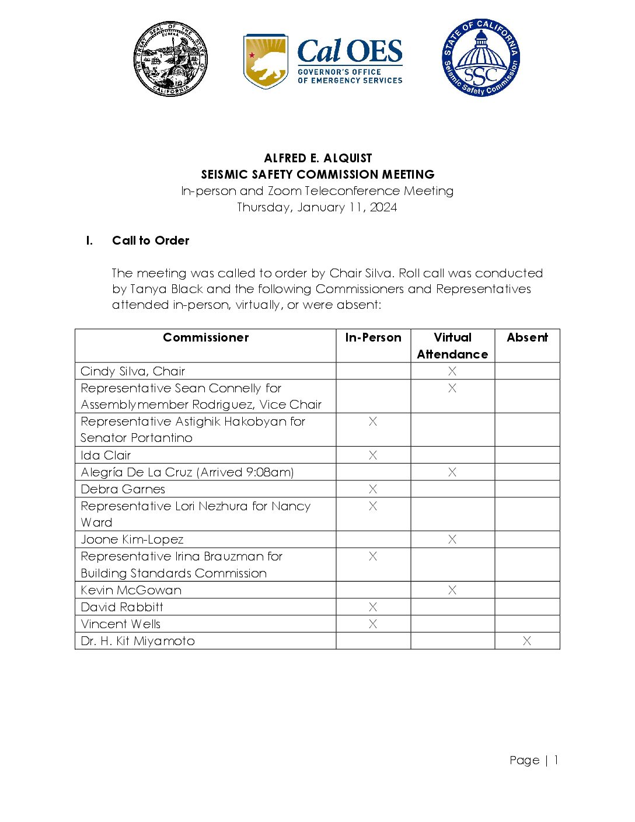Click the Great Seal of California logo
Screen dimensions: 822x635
coord(170,60)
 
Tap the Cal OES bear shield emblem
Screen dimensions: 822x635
coord(266,61)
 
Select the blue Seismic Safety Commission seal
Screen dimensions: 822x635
coord(480,58)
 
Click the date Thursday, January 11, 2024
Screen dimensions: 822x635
coord(317,207)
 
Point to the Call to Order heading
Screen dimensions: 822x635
coord(151,241)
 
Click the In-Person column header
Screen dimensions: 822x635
coord(373,337)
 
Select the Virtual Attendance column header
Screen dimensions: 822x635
coord(452,346)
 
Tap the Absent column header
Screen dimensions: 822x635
coord(527,337)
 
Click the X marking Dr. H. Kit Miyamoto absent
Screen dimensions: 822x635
coord(527,641)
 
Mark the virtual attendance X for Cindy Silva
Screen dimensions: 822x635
coord(452,371)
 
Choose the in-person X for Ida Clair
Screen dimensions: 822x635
coord(373,455)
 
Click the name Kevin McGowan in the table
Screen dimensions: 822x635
coord(131,590)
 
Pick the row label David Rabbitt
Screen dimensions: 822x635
coord(122,607)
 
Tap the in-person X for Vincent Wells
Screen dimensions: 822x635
coord(373,624)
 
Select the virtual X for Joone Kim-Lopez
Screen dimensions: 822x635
coord(452,539)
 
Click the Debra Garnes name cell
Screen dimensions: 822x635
coord(123,489)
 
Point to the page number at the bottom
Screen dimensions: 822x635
coord(533,760)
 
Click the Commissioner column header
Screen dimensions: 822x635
coord(205,337)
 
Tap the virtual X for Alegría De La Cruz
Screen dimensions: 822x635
coord(452,472)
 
